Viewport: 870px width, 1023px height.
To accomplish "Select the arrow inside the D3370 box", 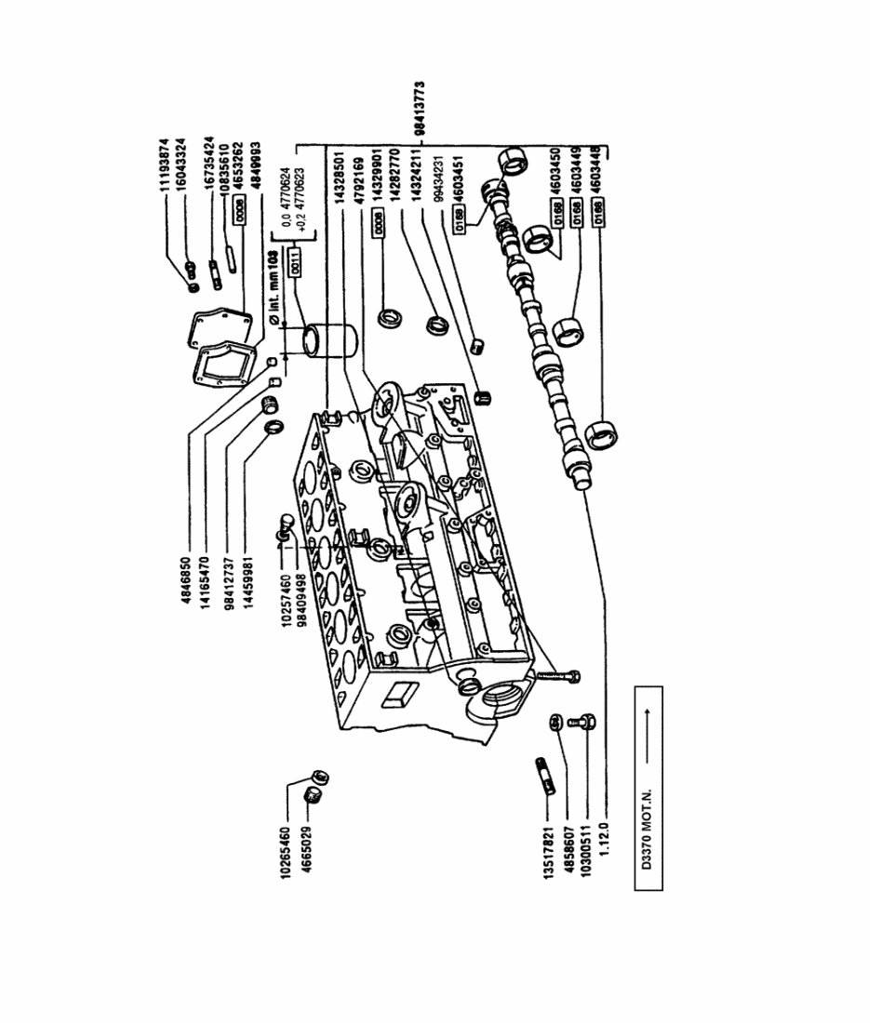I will (x=647, y=730).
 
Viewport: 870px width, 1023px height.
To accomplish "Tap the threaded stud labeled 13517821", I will (x=545, y=777).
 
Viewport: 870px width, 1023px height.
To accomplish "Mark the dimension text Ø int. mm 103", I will (x=274, y=288).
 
